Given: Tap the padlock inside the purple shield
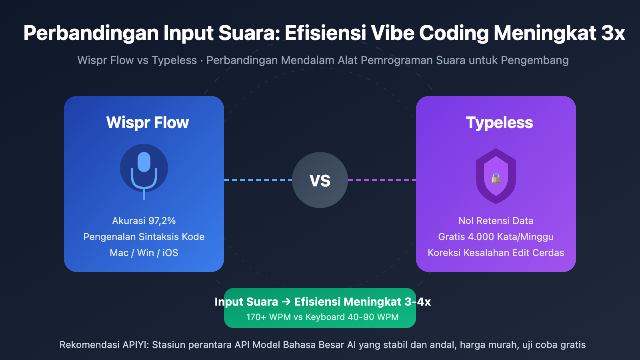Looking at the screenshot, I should click(x=496, y=178).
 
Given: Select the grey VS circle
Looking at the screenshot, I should click(x=320, y=180).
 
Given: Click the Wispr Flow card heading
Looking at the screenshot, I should click(x=147, y=122).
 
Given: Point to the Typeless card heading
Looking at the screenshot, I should click(x=499, y=122).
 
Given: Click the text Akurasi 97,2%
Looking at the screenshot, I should click(x=144, y=221).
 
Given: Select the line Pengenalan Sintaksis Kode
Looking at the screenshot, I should click(x=144, y=237).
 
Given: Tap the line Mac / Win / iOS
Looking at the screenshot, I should click(x=144, y=253).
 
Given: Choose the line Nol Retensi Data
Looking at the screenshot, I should click(x=496, y=221).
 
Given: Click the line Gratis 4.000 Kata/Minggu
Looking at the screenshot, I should click(x=496, y=237).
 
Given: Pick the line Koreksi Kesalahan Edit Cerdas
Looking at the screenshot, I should click(x=496, y=253).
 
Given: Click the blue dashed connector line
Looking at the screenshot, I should click(x=258, y=180).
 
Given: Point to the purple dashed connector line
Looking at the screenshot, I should click(x=382, y=180).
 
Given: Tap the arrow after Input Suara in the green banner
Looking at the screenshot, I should click(x=286, y=302).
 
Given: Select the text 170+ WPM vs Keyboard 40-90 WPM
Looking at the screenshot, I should click(x=322, y=317).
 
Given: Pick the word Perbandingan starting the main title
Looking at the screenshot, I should click(x=91, y=33).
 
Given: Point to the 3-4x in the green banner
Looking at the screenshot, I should click(x=418, y=302).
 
